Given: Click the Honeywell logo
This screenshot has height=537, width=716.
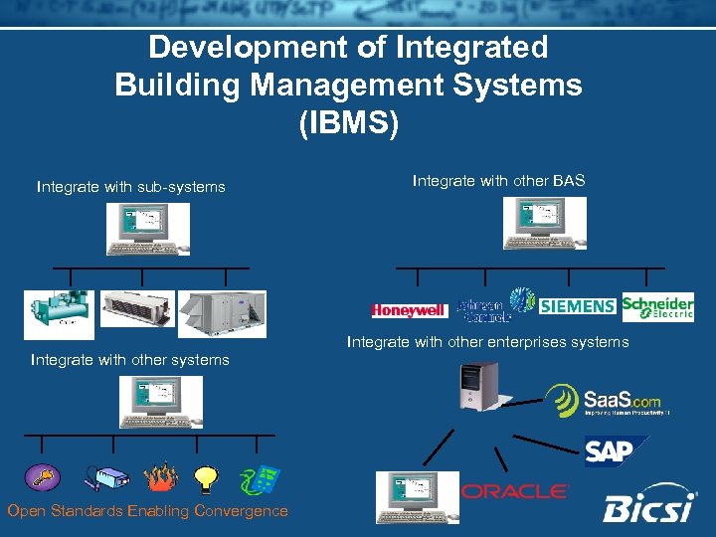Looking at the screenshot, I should [x=408, y=311].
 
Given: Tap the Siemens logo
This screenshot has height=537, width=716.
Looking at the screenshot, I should [x=578, y=306].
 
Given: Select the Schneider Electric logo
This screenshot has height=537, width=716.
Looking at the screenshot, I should [x=657, y=307].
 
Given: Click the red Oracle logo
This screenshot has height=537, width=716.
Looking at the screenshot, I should [x=514, y=491].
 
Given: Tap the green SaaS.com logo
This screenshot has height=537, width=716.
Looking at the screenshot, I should [x=603, y=400].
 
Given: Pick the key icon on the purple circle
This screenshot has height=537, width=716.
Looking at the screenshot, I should [x=43, y=477].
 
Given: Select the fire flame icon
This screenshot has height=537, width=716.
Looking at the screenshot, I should [x=159, y=478].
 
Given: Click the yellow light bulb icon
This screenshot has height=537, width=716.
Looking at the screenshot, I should [x=207, y=479].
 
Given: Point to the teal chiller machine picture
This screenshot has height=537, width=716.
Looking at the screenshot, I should [x=59, y=314].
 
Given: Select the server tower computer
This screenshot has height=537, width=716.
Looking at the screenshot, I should [x=477, y=387].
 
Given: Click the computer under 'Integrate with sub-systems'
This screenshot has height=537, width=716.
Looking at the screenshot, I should [x=148, y=230].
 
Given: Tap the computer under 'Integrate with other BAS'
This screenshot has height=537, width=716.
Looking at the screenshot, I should [x=544, y=223].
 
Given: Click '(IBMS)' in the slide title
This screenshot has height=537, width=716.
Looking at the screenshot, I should [x=348, y=123].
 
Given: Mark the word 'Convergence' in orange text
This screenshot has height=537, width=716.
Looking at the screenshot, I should [x=242, y=511].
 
